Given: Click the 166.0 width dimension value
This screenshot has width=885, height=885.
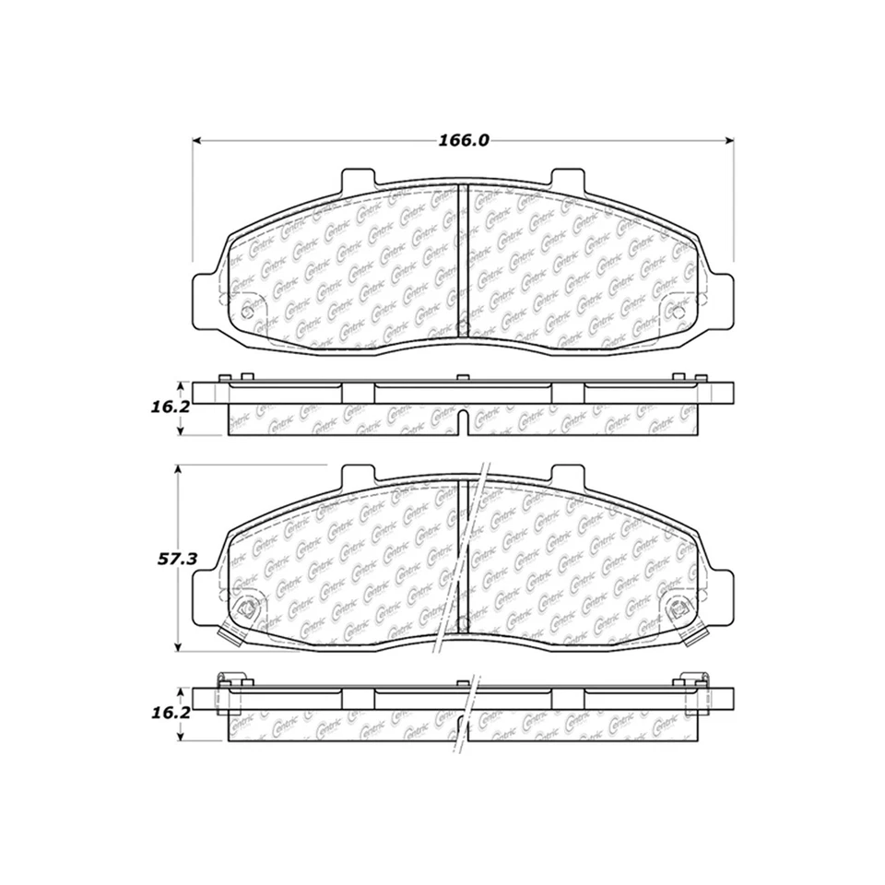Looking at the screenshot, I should click(462, 141).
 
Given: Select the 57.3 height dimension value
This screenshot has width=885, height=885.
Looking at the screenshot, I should click(176, 560).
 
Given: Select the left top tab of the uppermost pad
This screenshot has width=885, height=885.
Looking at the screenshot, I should click(359, 179).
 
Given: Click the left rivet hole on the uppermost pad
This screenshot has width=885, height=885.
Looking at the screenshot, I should click(246, 312).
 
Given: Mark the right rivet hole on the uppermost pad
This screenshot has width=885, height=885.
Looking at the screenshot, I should click(678, 312).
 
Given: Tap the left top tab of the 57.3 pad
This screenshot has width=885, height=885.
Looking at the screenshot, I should click(359, 476).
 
